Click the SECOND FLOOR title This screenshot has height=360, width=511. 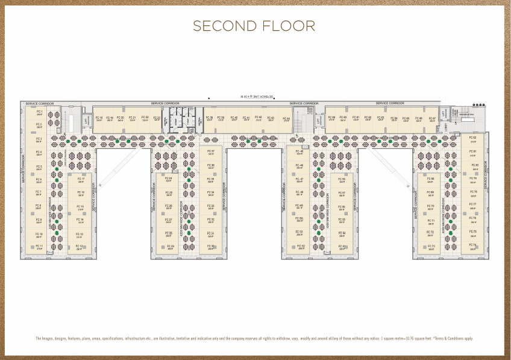(x=254, y=26)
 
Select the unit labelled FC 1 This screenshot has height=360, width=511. (x=39, y=113)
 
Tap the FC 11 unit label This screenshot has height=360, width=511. (x=39, y=247)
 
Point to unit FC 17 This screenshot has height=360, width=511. (x=80, y=180)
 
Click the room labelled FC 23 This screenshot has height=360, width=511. (x=157, y=119)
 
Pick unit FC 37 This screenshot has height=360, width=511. (x=211, y=152)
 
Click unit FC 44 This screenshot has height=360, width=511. (x=287, y=119)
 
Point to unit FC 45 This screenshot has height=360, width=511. (x=299, y=152)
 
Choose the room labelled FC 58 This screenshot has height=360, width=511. (x=342, y=180)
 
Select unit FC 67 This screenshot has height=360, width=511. (x=432, y=119)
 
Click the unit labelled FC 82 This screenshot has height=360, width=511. (x=473, y=139)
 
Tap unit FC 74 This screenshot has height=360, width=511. (x=473, y=246)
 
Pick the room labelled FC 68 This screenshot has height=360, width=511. (x=430, y=180)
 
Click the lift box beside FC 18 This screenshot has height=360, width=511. (x=86, y=120)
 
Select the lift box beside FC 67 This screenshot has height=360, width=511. (x=444, y=114)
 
